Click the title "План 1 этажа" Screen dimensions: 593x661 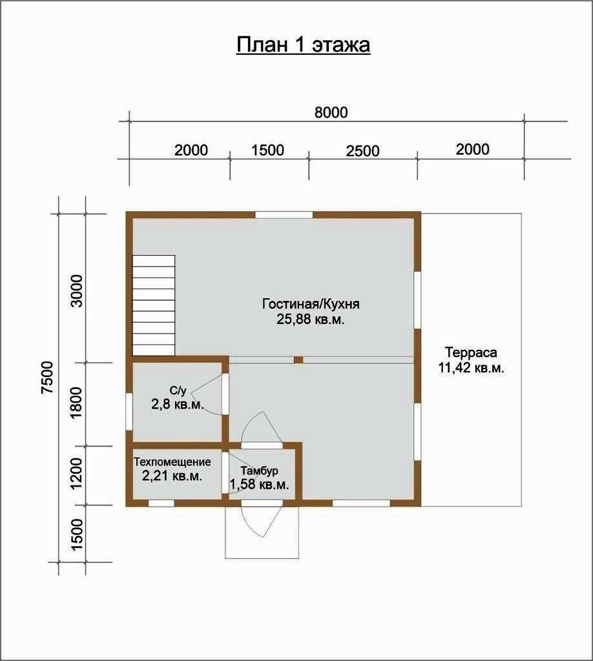303,45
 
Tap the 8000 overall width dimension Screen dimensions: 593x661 331,112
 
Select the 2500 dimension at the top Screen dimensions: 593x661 363,151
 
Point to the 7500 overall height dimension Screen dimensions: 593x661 47,377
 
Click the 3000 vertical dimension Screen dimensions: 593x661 77,291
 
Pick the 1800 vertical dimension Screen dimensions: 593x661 77,403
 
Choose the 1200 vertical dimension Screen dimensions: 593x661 77,474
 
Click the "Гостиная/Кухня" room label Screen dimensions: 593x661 311,304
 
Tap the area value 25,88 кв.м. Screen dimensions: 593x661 311,319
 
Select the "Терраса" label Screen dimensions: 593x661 471,352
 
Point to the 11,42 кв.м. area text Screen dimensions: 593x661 471,367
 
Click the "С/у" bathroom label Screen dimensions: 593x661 178,391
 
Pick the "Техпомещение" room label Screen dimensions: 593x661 172,462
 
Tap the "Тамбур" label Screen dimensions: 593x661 259,471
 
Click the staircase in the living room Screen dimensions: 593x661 154,305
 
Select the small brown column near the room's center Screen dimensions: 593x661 298,360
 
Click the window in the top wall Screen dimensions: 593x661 284,215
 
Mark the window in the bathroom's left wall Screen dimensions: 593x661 129,411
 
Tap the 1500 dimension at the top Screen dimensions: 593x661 268,150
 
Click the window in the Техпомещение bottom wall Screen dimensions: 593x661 161,503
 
